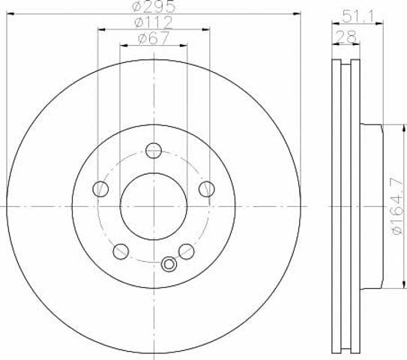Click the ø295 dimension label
[154, 6]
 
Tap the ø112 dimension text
[154, 22]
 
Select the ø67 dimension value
[154, 38]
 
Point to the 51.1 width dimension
[358, 16]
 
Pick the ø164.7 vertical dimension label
[398, 206]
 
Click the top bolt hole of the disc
[154, 151]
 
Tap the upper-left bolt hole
[100, 189]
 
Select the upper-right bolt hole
[207, 189]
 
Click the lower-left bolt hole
[121, 251]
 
